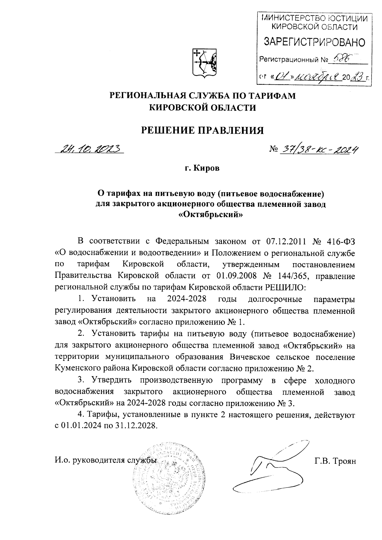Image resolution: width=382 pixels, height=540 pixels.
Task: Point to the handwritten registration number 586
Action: pyautogui.click(x=341, y=59)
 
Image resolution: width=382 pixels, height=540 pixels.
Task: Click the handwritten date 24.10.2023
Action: pyautogui.click(x=90, y=148)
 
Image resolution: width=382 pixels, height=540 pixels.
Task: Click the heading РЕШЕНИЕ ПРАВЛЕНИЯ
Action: pyautogui.click(x=202, y=130)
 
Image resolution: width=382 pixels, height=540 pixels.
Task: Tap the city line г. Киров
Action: pyautogui.click(x=202, y=168)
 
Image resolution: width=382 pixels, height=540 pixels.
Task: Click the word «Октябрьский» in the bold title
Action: pyautogui.click(x=211, y=215)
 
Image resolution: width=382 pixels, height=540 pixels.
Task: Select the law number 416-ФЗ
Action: pyautogui.click(x=341, y=241)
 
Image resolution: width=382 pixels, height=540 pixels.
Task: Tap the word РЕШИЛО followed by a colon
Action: pyautogui.click(x=284, y=287)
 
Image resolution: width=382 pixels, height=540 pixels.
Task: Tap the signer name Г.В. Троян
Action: pyautogui.click(x=334, y=460)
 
